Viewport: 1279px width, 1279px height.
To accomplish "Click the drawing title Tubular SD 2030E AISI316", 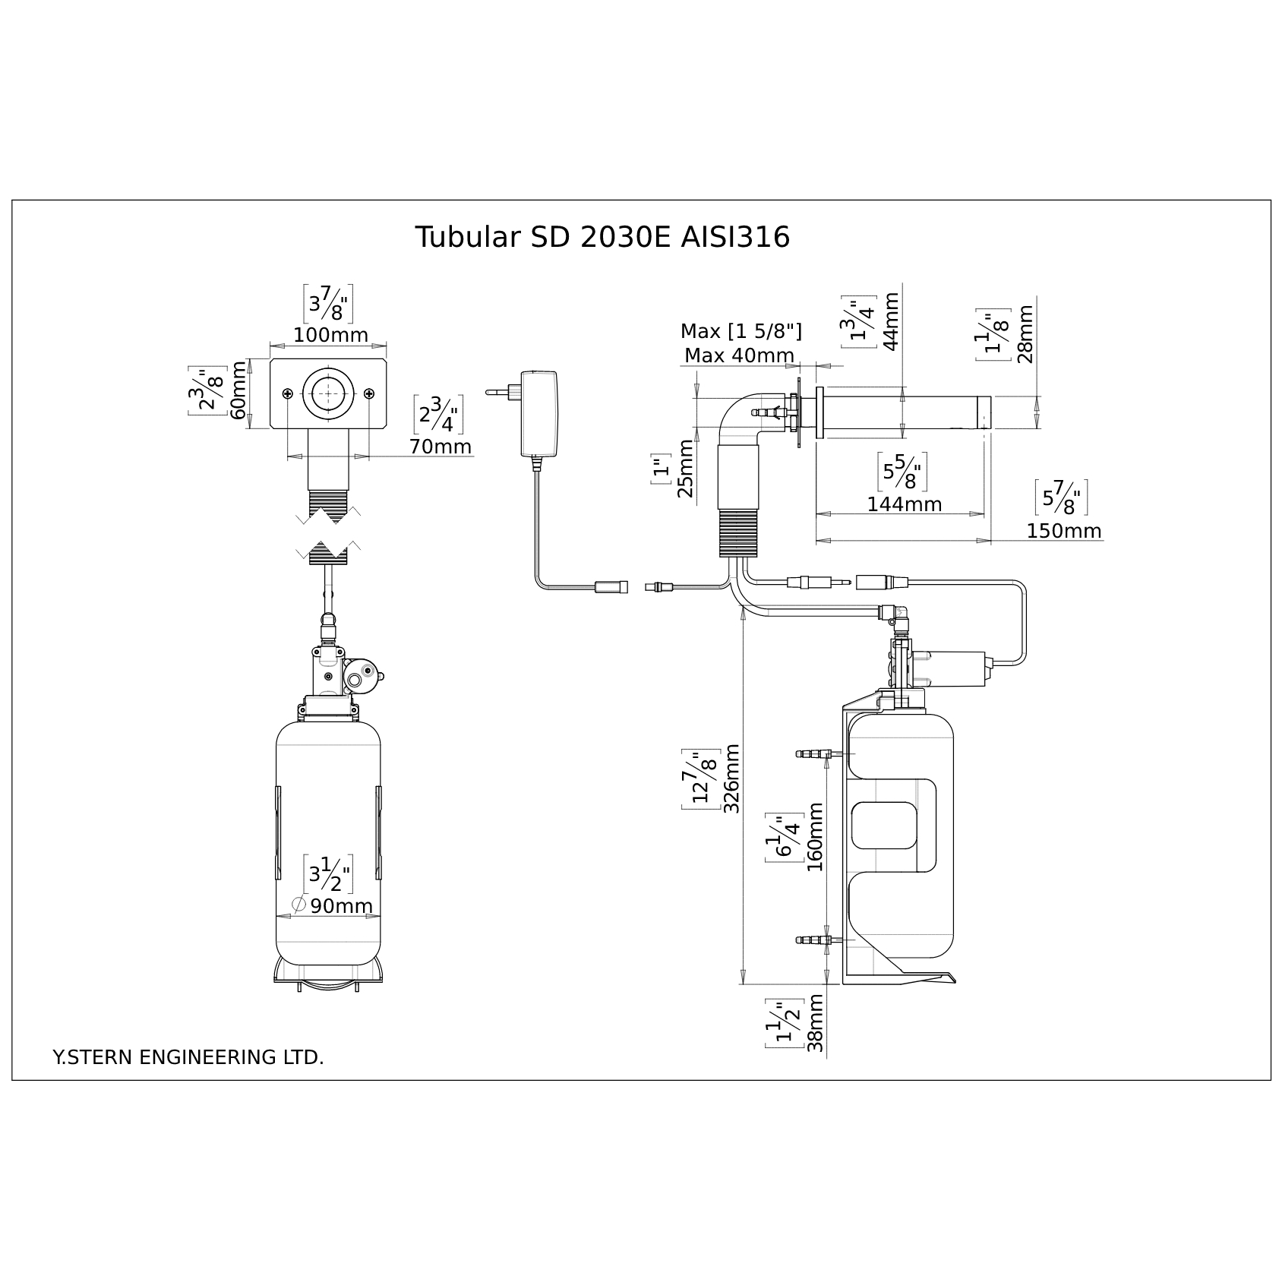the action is click(602, 238).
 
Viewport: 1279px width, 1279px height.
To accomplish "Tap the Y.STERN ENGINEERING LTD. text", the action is click(188, 1057).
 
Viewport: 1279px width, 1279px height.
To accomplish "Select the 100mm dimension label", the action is click(330, 335).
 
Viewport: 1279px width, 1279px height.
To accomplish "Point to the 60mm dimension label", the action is click(239, 390).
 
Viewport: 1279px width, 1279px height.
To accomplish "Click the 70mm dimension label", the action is click(441, 447).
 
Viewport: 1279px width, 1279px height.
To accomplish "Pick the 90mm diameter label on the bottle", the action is click(342, 906).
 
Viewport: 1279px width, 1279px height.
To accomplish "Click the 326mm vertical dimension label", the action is click(732, 778).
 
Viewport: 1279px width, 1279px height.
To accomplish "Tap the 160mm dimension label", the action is click(815, 837).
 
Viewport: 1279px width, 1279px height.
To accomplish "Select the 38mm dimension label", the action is click(816, 1023).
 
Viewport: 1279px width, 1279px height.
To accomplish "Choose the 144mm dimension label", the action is click(905, 504).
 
